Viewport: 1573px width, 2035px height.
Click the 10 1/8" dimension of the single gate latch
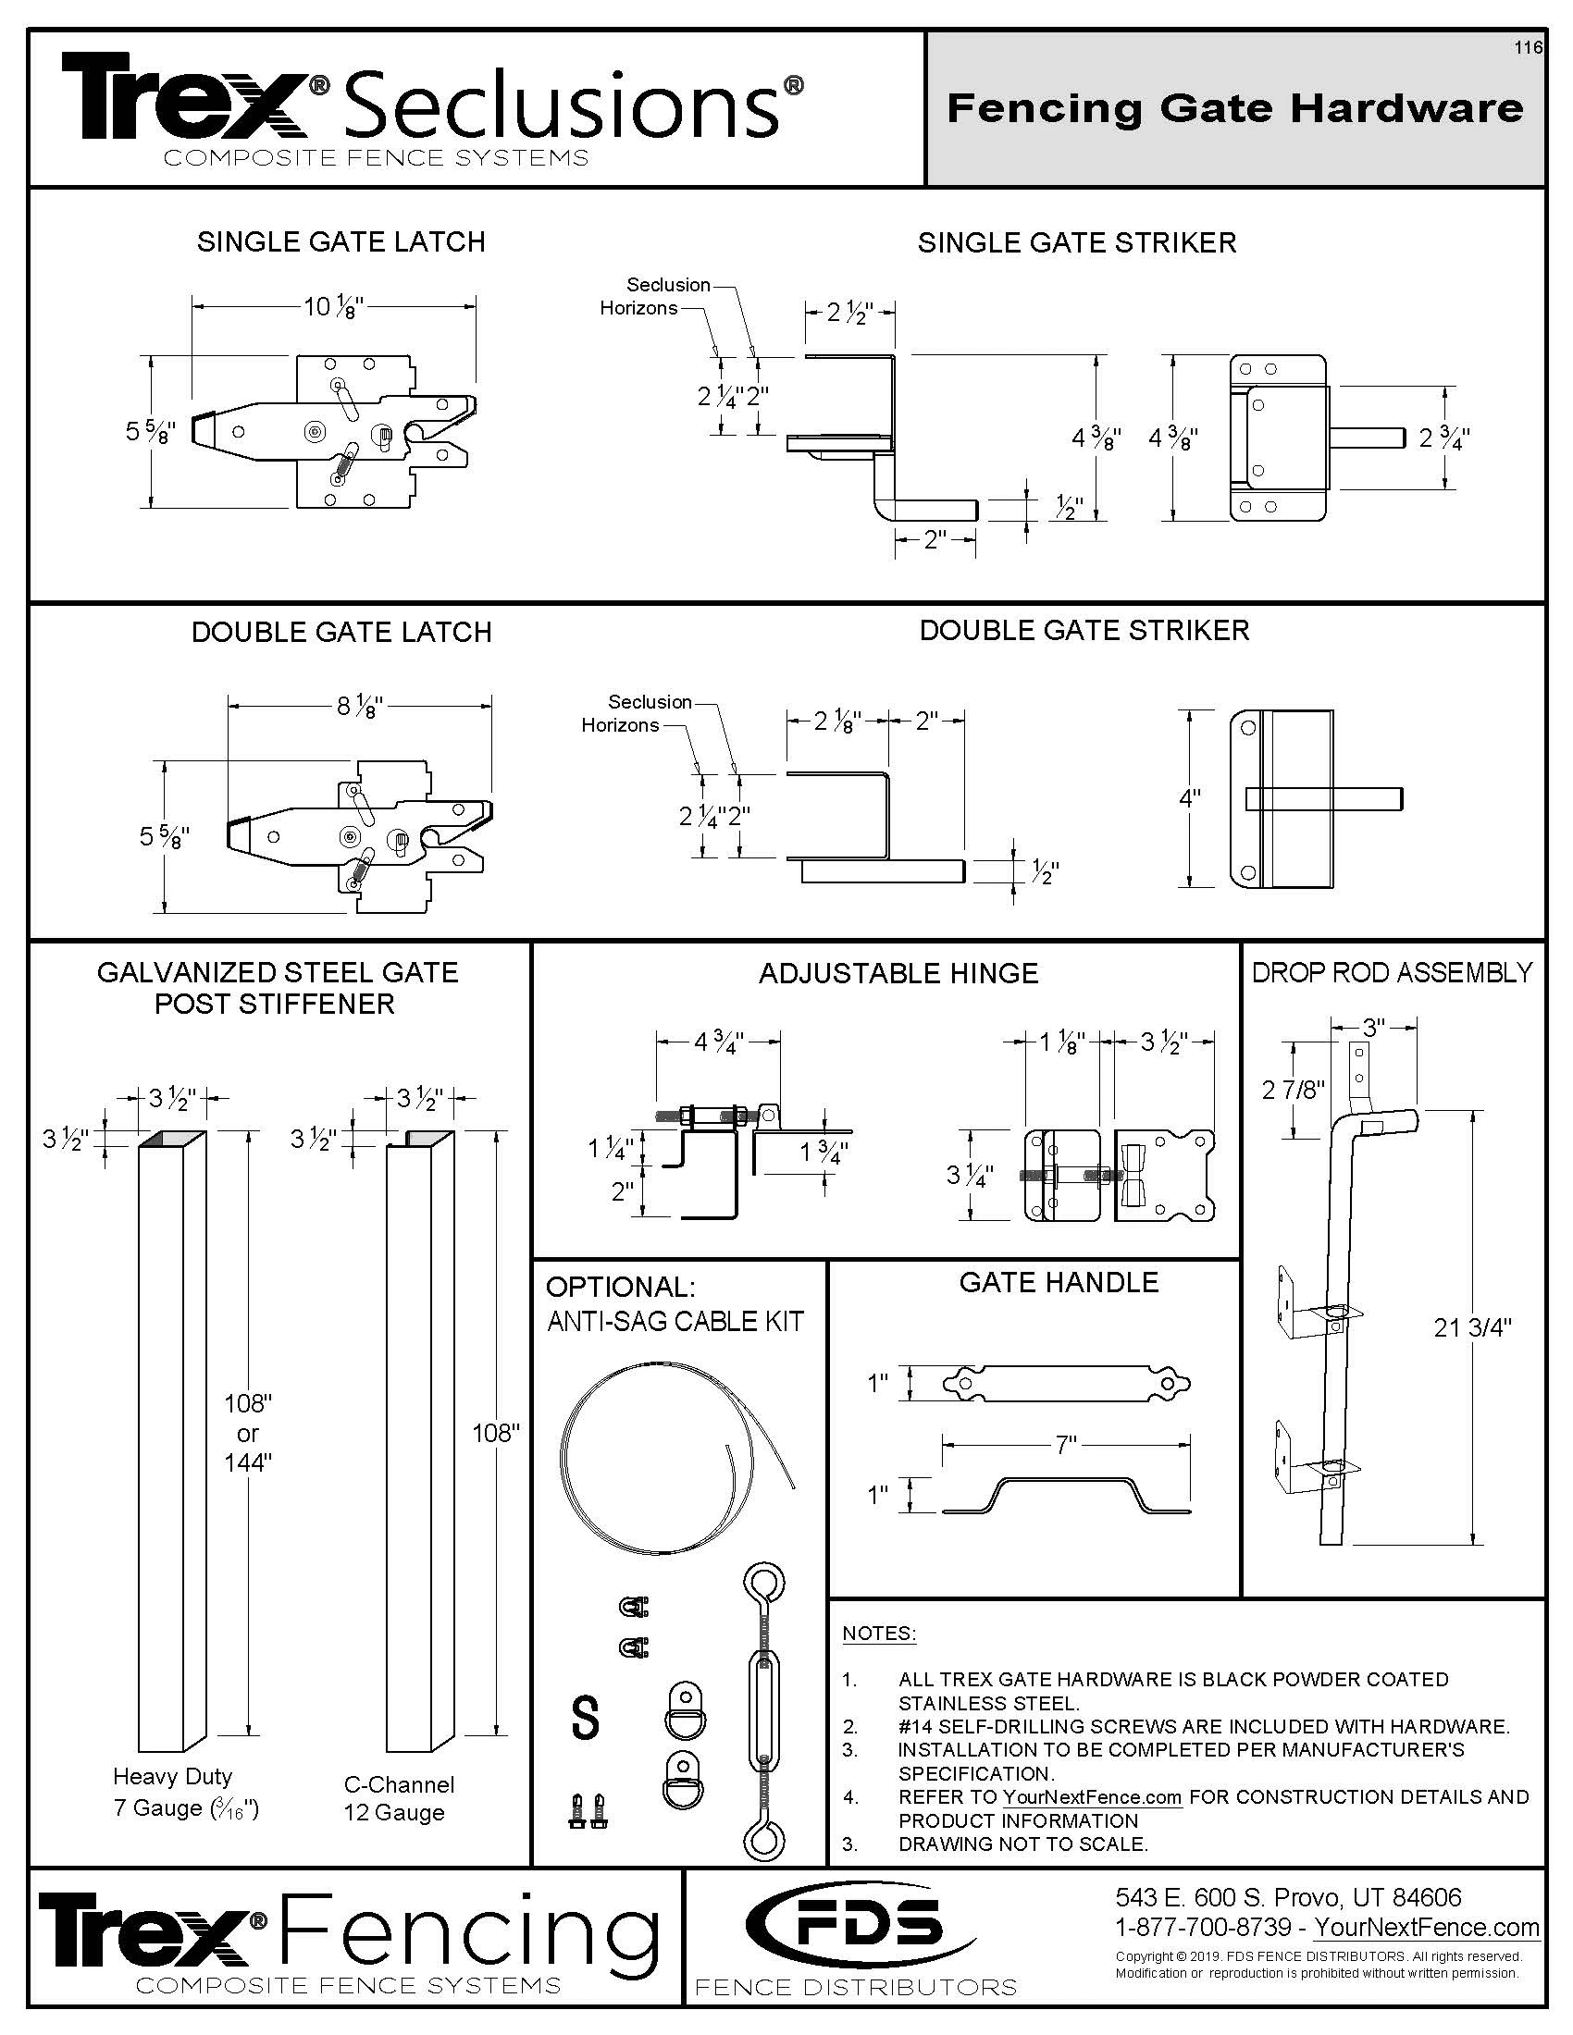[333, 305]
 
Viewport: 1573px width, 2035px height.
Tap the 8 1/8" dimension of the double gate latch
[360, 708]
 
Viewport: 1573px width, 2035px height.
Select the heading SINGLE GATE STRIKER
[1076, 243]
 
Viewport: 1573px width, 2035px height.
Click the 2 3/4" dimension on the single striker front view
[1443, 438]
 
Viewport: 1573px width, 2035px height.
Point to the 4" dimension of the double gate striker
[1189, 798]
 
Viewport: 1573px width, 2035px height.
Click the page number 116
[1528, 48]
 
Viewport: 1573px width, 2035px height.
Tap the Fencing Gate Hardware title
[1234, 109]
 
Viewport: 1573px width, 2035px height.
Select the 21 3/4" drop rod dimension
[1472, 1327]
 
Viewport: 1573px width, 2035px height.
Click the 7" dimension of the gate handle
[1066, 1445]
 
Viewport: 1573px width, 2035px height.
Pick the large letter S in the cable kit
[584, 1718]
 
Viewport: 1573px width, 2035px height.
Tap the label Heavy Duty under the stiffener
[172, 1777]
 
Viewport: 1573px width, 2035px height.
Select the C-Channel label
[399, 1784]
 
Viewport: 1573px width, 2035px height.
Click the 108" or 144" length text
[247, 1433]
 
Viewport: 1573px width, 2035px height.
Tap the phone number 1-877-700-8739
[1203, 1927]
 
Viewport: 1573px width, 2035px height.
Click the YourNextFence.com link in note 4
[1091, 1797]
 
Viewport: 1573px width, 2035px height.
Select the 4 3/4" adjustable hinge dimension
[717, 1042]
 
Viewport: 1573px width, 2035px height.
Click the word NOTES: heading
[879, 1634]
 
